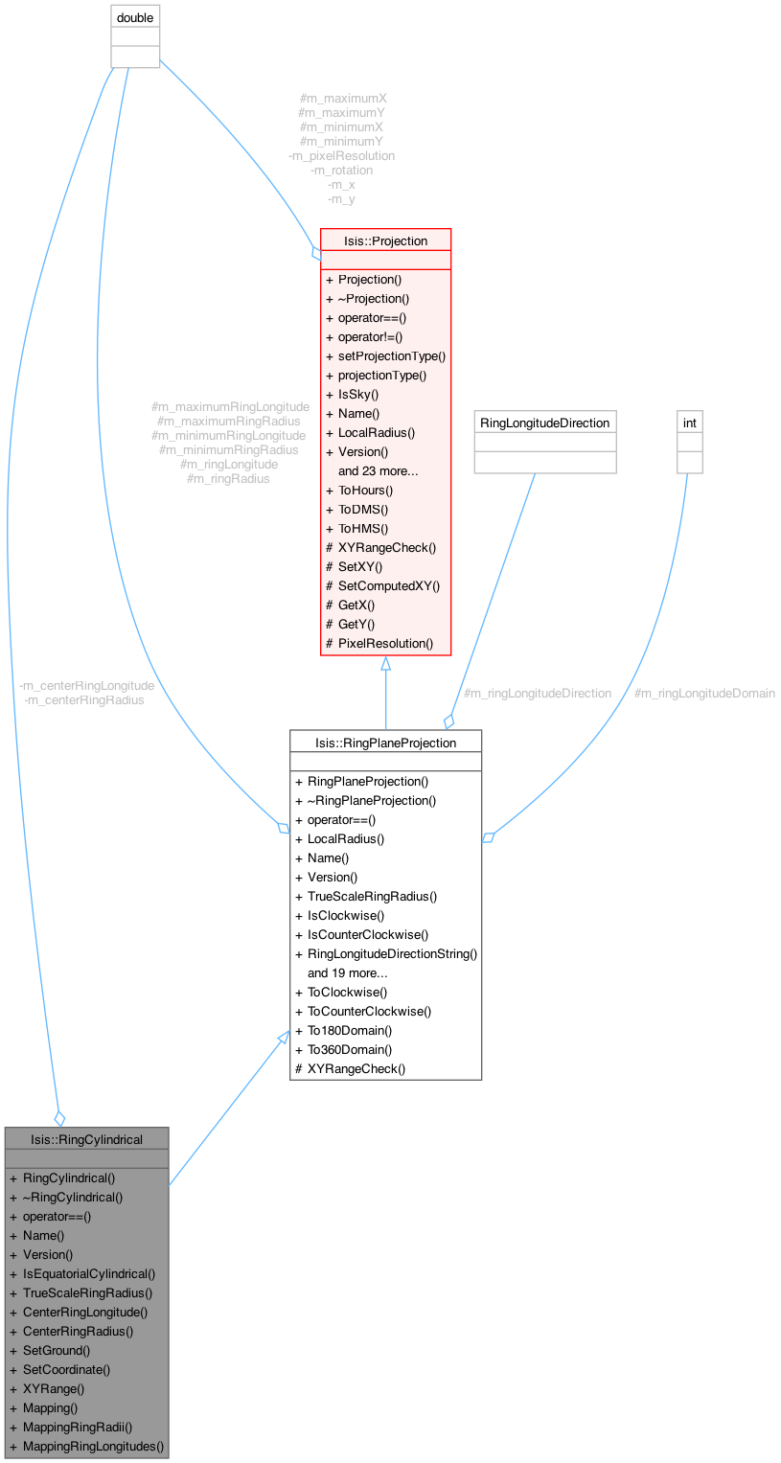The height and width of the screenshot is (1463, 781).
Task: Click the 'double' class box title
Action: [x=135, y=17]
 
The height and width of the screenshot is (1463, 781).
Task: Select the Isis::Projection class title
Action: [x=385, y=241]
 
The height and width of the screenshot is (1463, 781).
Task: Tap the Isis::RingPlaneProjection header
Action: [x=385, y=743]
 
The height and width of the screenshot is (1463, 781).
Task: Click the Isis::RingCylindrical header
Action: [x=86, y=1140]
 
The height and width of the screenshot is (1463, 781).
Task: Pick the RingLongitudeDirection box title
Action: [x=544, y=423]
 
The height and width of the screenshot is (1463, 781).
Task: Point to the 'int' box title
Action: [x=690, y=423]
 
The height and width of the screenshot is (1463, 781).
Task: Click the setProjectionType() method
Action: [x=392, y=356]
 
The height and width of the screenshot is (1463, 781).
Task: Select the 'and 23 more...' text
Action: [x=379, y=471]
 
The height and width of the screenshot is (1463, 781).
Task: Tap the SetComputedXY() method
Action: [x=389, y=585]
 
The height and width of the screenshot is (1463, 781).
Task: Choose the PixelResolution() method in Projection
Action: [x=385, y=643]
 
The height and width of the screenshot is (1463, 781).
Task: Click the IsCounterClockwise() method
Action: [x=368, y=935]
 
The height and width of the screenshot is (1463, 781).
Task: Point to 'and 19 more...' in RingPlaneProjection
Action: [x=348, y=973]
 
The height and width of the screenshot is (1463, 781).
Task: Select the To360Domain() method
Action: [x=350, y=1049]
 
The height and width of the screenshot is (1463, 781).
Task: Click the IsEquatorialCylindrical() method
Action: [x=89, y=1273]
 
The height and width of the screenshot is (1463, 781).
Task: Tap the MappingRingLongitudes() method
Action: [x=93, y=1446]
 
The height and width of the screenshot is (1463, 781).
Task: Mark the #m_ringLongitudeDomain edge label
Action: [x=704, y=693]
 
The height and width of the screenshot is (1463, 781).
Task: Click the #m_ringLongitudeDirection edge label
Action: [x=538, y=693]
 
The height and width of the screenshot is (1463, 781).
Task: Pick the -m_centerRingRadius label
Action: [x=84, y=700]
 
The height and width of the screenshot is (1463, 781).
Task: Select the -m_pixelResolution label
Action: [x=341, y=155]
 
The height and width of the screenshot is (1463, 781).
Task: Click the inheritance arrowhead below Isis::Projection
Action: [x=385, y=663]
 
